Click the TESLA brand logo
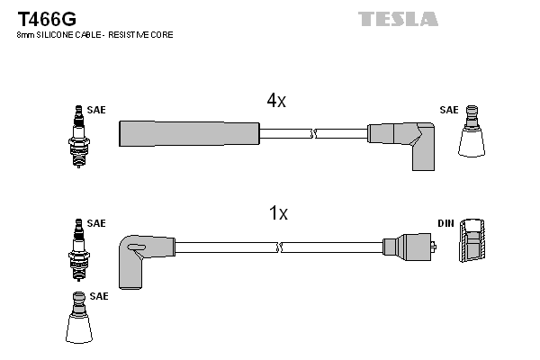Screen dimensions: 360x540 [398, 18]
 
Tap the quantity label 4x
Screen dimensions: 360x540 [275, 101]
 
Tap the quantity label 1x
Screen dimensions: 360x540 [278, 213]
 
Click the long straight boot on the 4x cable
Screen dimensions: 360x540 [189, 133]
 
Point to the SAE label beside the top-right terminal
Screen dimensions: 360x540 [448, 110]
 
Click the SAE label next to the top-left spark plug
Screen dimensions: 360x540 [96, 110]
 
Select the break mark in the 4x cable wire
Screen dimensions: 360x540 [313, 133]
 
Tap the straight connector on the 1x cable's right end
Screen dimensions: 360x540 [409, 246]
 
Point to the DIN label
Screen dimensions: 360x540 [446, 222]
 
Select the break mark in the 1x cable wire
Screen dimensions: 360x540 [280, 246]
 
